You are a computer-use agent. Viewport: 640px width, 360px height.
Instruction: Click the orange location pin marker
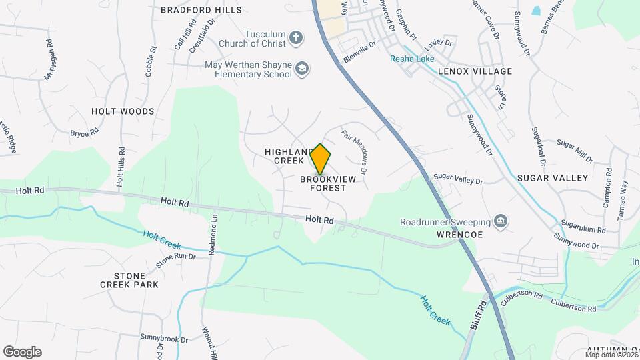tap(321, 159)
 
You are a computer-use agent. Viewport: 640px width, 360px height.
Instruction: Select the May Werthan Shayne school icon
tap(303, 69)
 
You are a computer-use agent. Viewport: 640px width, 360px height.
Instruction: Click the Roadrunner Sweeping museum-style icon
tap(501, 221)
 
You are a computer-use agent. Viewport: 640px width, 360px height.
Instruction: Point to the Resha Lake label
tap(413, 58)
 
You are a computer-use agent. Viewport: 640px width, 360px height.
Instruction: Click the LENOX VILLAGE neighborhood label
tap(475, 71)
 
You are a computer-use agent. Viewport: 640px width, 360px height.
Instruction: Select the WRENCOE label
tap(459, 235)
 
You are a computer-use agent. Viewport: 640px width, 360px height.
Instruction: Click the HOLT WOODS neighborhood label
tap(123, 111)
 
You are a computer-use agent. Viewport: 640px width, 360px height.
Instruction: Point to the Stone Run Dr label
tap(176, 259)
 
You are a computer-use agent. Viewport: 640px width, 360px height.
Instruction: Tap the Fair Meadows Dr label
tap(355, 152)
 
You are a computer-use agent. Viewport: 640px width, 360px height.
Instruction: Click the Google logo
tap(21, 352)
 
